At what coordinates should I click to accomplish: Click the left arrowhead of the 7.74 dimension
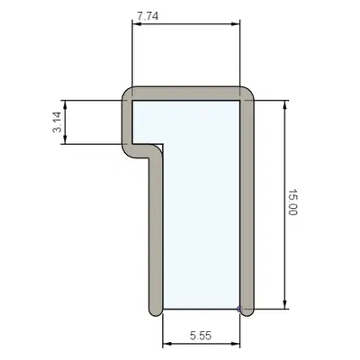pyautogui.click(x=135, y=24)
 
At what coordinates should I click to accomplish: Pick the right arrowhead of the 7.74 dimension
pyautogui.click(x=237, y=24)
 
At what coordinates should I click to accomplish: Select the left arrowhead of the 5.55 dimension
pyautogui.click(x=166, y=344)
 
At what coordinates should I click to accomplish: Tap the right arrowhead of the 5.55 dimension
pyautogui.click(x=238, y=344)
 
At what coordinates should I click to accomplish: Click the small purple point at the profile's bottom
pyautogui.click(x=239, y=309)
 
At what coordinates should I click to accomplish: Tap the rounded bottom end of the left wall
pyautogui.click(x=157, y=310)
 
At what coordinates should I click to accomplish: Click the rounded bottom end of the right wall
pyautogui.click(x=247, y=310)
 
